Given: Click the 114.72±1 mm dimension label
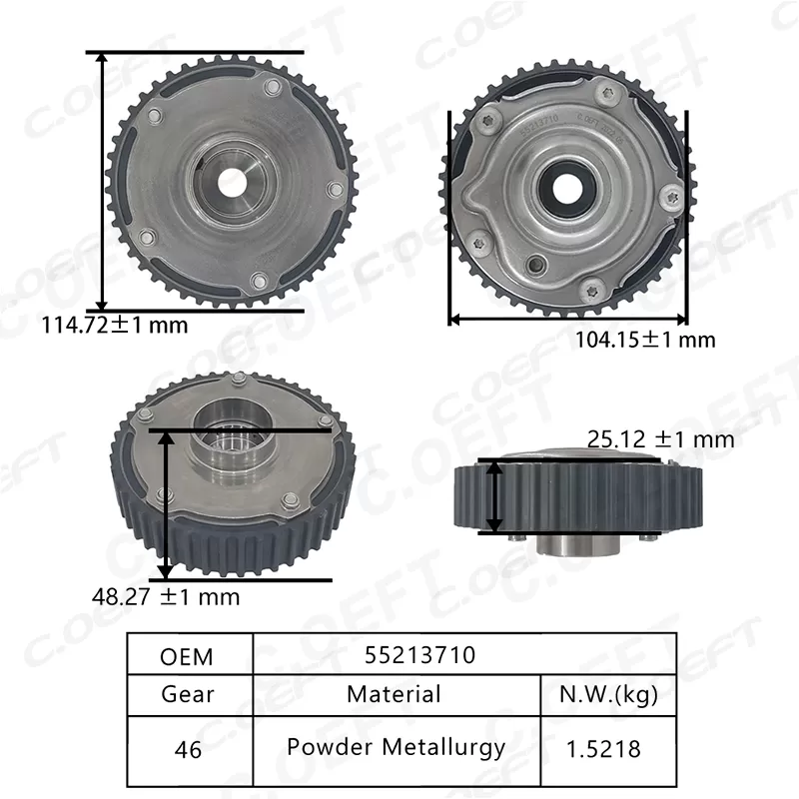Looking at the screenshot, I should [114, 324].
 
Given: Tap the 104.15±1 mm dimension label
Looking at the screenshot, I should [644, 340].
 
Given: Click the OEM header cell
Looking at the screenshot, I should [187, 655].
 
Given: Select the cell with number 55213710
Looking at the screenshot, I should [419, 655].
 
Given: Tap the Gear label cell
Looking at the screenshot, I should [187, 694].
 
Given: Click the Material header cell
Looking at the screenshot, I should [395, 693].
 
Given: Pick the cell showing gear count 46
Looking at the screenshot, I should [187, 747].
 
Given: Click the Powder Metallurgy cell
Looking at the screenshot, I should [395, 746].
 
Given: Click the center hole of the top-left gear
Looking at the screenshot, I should [233, 182].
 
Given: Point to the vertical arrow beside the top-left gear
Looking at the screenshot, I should [102, 180].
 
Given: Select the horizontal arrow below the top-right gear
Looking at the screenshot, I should [567, 320].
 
